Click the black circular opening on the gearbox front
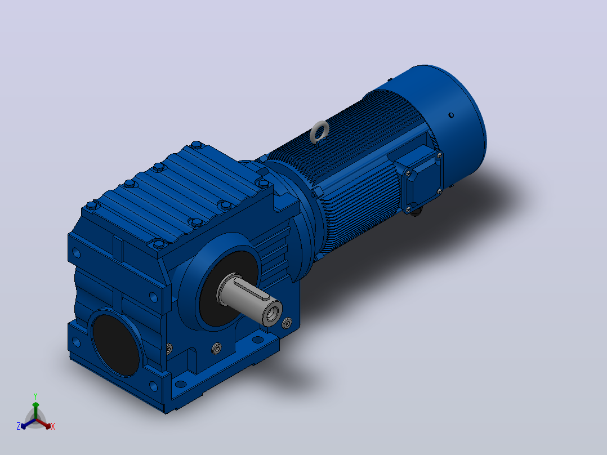116,345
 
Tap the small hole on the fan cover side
451,115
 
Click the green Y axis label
35,396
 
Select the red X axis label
53,426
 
